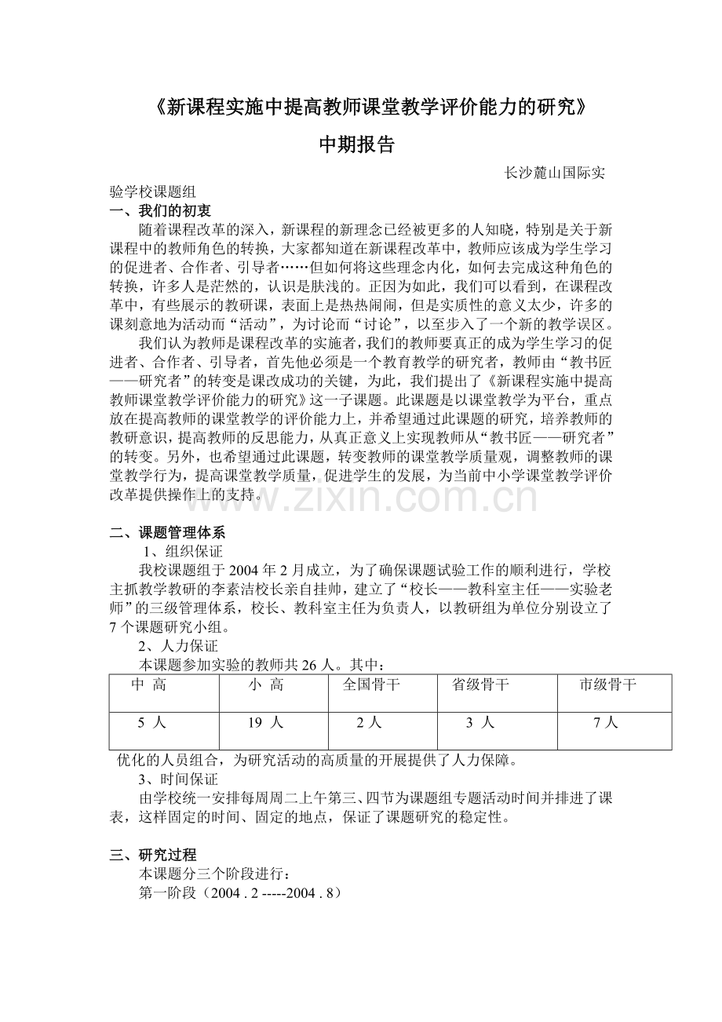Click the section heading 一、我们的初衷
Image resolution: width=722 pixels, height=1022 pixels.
coord(160,210)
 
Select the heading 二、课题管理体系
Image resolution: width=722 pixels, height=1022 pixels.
coord(168,534)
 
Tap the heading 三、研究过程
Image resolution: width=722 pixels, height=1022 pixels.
coord(153,856)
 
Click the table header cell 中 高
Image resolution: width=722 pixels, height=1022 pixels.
coord(148,685)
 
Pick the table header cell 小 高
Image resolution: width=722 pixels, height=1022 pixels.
coord(266,685)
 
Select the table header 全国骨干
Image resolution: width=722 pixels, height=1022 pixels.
coord(371,685)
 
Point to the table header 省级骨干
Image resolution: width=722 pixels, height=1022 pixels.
coord(480,685)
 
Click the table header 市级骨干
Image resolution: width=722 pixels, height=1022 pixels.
coord(607,685)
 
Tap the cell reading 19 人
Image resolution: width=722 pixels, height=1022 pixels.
coord(264,723)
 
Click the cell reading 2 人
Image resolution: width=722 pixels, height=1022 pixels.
coord(369,723)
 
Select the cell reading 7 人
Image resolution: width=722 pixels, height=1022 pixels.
coord(606,723)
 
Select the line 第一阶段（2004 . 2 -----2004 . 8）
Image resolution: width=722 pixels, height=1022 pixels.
coord(239,892)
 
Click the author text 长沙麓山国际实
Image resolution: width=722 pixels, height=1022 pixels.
coord(554,173)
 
